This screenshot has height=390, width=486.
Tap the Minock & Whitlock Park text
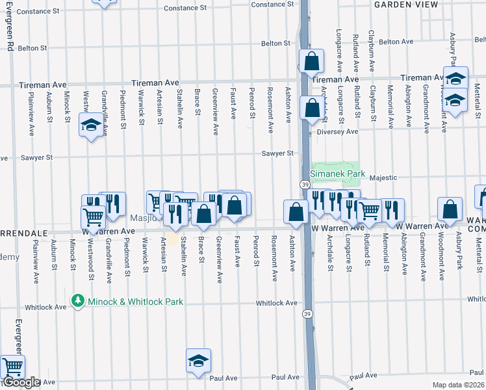click(136, 302)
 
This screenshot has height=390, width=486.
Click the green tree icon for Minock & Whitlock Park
click(78, 301)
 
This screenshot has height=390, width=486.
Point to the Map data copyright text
click(459, 385)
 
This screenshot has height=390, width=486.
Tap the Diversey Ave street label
click(342, 131)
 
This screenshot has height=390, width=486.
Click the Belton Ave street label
click(396, 42)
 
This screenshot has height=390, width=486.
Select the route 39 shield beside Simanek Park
click(305, 185)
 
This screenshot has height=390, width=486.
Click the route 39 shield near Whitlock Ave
click(305, 313)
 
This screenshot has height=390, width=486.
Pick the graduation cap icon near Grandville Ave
click(90, 125)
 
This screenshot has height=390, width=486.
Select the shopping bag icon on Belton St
click(312, 61)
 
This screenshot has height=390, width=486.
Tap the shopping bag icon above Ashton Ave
click(296, 212)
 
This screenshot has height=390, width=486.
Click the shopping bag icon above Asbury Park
click(450, 209)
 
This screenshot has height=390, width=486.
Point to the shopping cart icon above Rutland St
click(369, 210)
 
